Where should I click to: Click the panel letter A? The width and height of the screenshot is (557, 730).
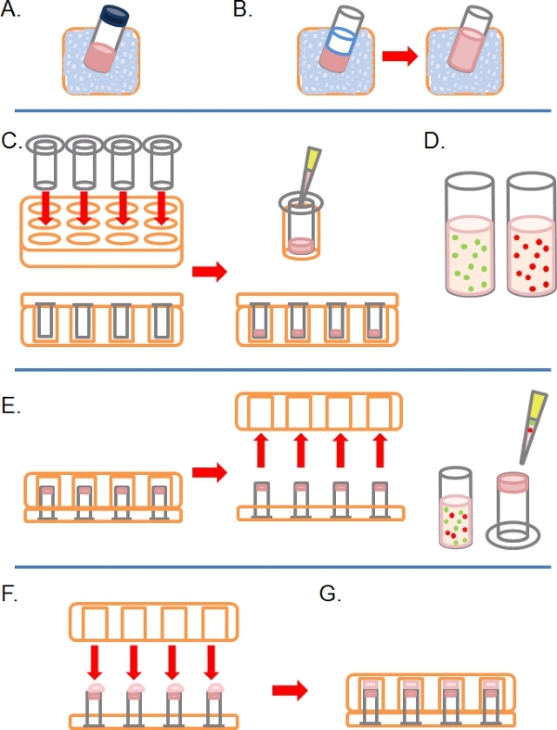point(10,10)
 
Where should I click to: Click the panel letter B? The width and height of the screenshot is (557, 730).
point(242,10)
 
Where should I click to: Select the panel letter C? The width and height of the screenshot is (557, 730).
point(11,141)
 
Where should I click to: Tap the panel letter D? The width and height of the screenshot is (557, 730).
point(434,141)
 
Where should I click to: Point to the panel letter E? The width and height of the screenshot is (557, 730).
point(10,406)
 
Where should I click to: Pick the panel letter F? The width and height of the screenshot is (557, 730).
point(9,595)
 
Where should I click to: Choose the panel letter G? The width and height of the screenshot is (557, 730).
point(330,595)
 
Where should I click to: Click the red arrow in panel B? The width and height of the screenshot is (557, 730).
point(399,57)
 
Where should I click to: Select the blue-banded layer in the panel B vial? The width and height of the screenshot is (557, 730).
point(342,41)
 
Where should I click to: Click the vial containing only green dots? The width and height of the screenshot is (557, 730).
point(470,234)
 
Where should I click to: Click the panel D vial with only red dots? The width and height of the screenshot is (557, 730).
point(531,234)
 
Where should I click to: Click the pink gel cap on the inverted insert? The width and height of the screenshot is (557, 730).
point(512,481)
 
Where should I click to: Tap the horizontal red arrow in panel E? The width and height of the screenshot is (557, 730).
point(209,472)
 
